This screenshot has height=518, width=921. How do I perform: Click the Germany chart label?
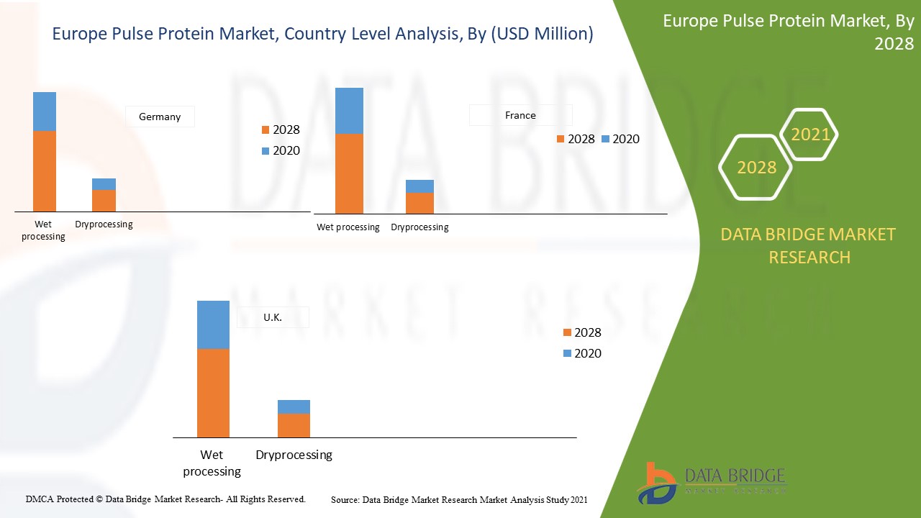click(x=160, y=117)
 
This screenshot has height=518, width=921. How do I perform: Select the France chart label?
click(x=520, y=115)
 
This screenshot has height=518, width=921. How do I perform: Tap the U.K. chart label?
click(x=273, y=317)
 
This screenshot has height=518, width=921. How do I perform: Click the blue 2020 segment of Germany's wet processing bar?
click(x=45, y=112)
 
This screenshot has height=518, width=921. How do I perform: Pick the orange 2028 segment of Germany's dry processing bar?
click(x=104, y=201)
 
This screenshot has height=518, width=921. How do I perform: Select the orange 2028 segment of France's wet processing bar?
click(x=349, y=173)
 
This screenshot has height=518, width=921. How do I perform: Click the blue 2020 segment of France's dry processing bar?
click(x=419, y=186)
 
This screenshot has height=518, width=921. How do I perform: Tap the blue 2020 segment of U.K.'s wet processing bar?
click(x=213, y=324)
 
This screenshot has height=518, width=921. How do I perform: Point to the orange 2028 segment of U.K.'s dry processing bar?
click(x=294, y=425)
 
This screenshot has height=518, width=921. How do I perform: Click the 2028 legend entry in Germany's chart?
click(x=281, y=130)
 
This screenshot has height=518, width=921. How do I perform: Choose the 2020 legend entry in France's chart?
click(x=620, y=139)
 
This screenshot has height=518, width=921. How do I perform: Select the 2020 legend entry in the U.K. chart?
click(x=582, y=353)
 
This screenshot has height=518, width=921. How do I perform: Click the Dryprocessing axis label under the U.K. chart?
click(x=294, y=455)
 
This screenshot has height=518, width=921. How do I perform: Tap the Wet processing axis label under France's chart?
click(x=348, y=227)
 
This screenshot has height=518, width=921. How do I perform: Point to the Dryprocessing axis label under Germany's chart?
click(x=104, y=224)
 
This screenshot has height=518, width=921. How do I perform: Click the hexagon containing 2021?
click(x=810, y=135)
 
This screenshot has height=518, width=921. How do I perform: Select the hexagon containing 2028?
click(x=756, y=168)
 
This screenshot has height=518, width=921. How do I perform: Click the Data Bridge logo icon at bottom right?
click(x=656, y=483)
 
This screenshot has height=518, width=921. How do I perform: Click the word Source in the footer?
click(x=345, y=499)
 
